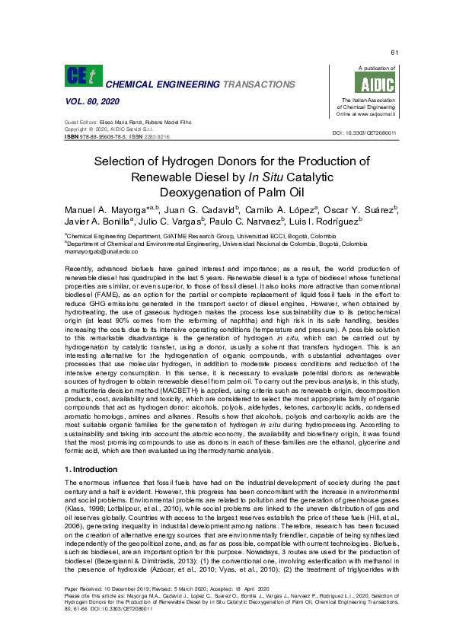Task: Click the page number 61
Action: [x=394, y=52]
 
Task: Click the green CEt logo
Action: [x=81, y=76]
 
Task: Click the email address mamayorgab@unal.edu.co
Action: [x=96, y=252]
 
